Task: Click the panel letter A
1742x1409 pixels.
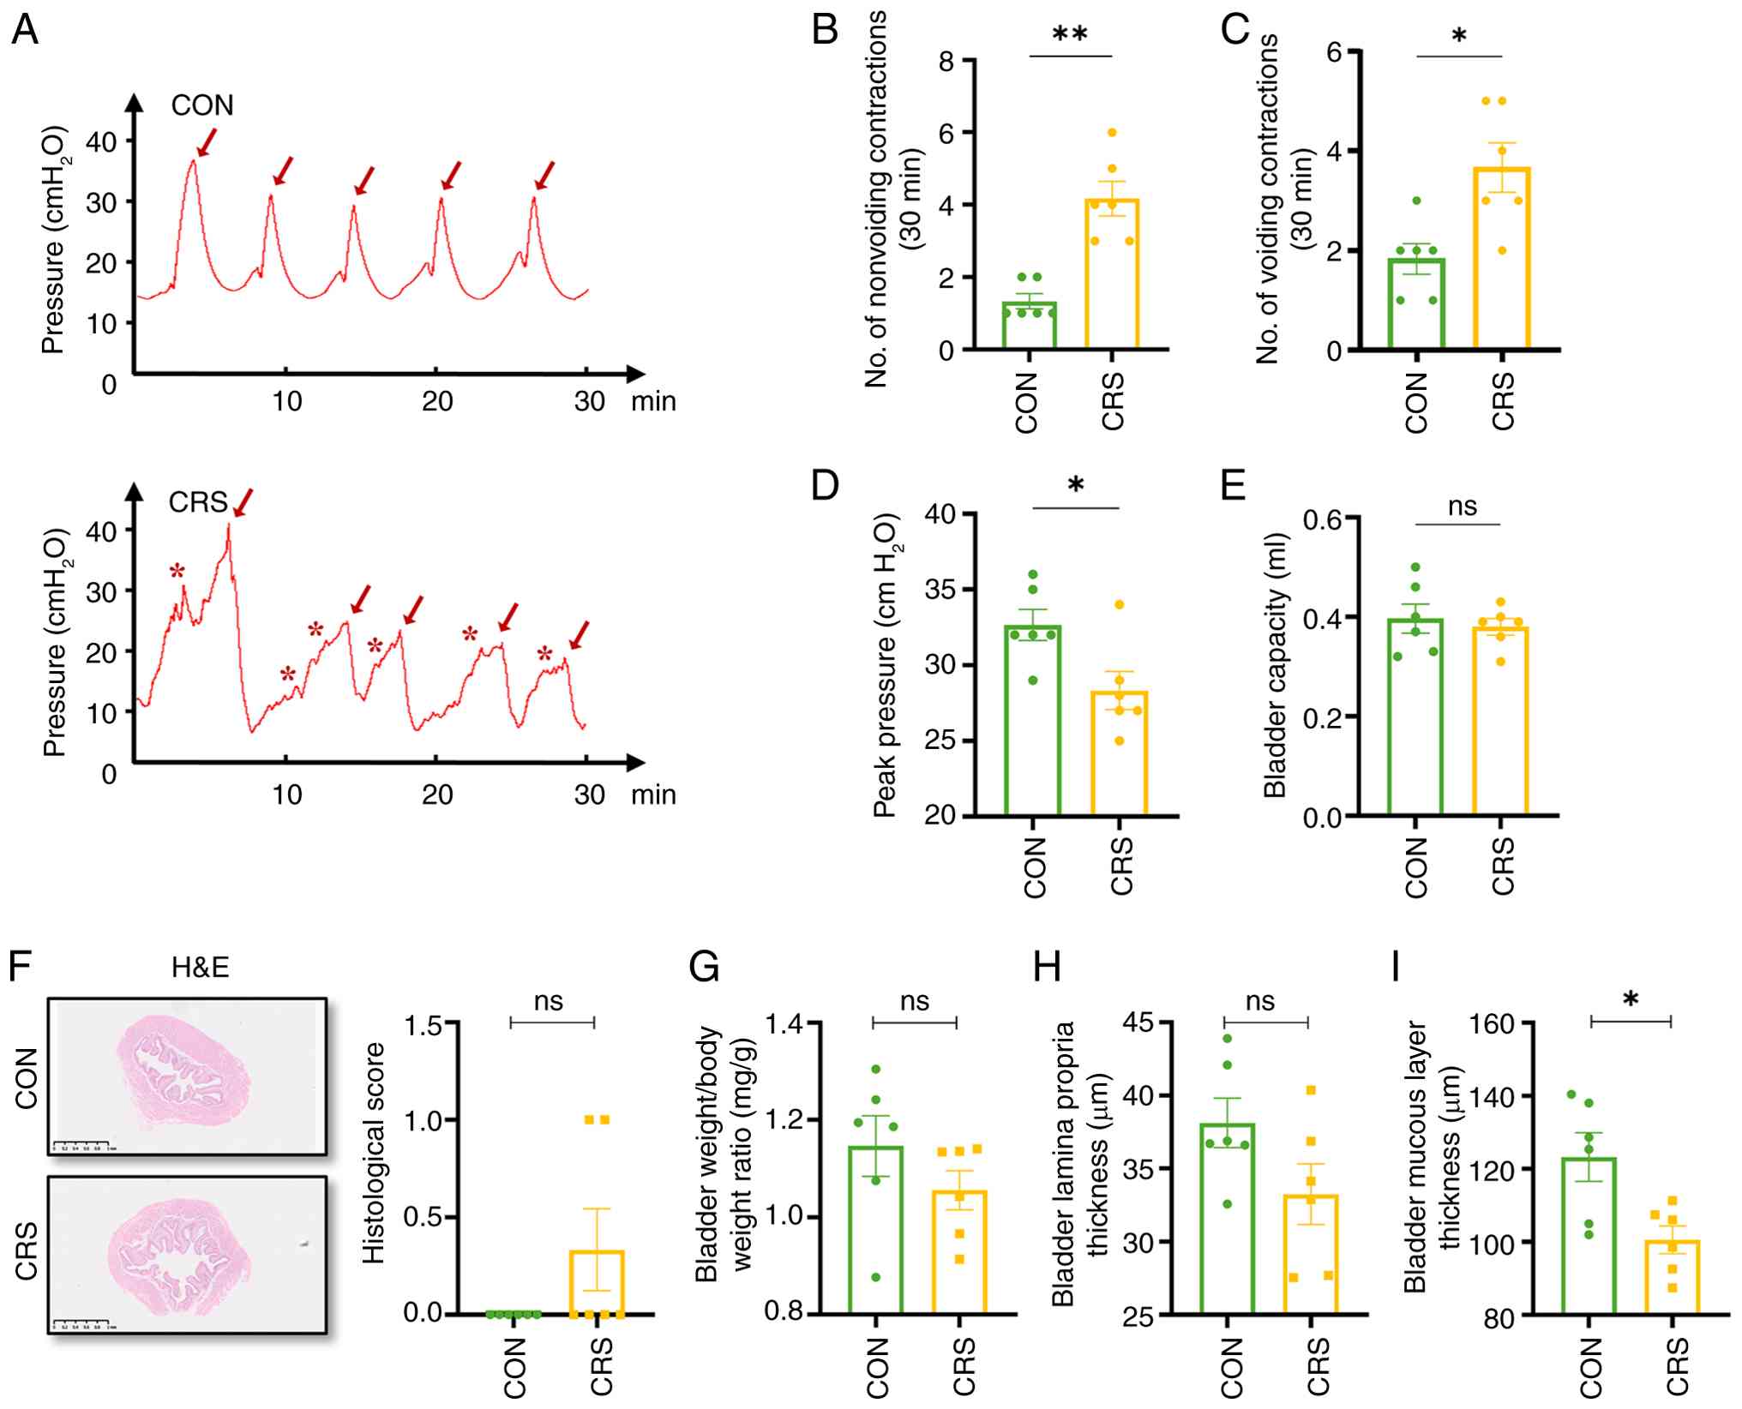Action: click(25, 31)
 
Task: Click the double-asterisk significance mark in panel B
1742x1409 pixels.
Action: click(1070, 35)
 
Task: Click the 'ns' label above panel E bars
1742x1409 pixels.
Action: click(1462, 507)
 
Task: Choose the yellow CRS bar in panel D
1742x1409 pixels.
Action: click(1119, 752)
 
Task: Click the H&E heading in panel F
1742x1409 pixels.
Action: click(200, 968)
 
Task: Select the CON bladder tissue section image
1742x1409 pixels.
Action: click(187, 1076)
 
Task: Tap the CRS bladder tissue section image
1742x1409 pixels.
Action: click(187, 1254)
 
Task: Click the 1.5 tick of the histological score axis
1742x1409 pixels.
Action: click(423, 1025)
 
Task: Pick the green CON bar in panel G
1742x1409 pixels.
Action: click(875, 1229)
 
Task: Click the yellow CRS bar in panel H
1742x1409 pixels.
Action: click(1310, 1253)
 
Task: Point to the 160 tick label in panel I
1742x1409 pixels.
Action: click(1491, 1024)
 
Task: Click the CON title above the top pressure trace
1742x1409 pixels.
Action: click(201, 105)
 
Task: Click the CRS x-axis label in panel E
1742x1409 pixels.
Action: click(1503, 866)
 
